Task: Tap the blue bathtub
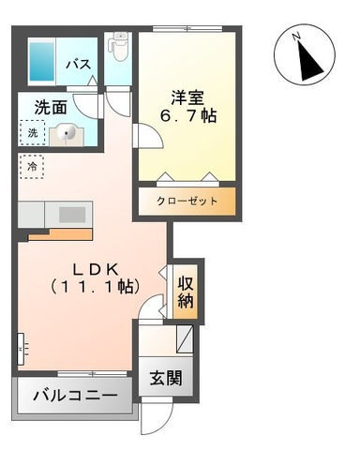[x=42, y=61]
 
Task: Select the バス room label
[x=79, y=65]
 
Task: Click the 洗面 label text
[x=51, y=107]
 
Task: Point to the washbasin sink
[x=67, y=134]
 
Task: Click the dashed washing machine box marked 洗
[x=33, y=133]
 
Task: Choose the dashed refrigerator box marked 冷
[x=32, y=167]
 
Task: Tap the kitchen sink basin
[x=72, y=215]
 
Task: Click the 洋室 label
[x=187, y=97]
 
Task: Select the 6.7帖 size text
[x=188, y=116]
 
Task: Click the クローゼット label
[x=187, y=201]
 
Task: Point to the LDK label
[x=96, y=269]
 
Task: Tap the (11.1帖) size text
[x=96, y=287]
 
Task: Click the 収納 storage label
[x=186, y=292]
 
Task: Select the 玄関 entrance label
[x=166, y=378]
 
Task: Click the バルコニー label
[x=75, y=396]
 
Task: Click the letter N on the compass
[x=296, y=37]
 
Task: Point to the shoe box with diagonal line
[x=185, y=339]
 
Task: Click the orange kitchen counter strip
[x=61, y=234]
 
